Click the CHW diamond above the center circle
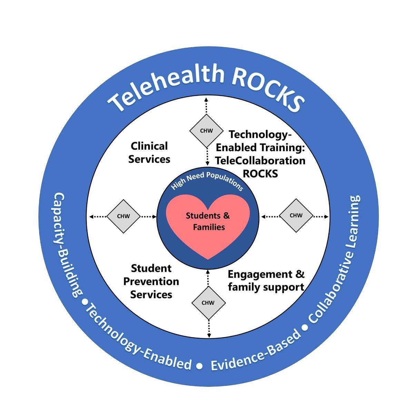click(206, 131)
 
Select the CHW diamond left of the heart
click(123, 216)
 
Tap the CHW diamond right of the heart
click(296, 216)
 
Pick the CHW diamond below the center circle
click(208, 303)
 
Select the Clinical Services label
click(149, 153)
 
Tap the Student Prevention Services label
click(151, 282)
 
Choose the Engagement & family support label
click(266, 281)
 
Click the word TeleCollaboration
click(260, 161)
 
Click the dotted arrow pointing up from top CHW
click(206, 106)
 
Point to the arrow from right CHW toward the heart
click(270, 217)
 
